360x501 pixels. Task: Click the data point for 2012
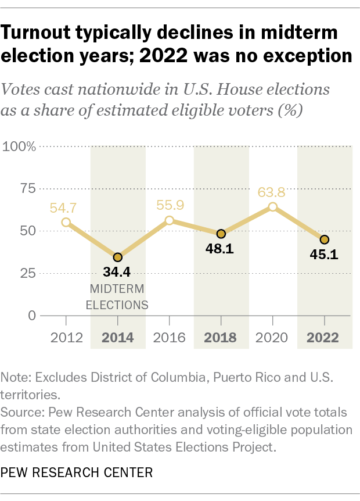(x=66, y=222)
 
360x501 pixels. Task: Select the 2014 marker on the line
(x=118, y=257)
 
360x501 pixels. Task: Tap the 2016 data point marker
(x=169, y=220)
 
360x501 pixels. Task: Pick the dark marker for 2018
(x=221, y=234)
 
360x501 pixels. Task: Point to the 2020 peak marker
(x=272, y=207)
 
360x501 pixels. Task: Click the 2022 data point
(x=324, y=239)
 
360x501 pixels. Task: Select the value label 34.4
(x=118, y=272)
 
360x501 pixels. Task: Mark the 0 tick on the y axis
(x=32, y=316)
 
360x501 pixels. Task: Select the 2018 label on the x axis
(x=221, y=337)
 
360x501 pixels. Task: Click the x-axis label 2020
(x=272, y=337)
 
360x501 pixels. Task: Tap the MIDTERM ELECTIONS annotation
(x=118, y=296)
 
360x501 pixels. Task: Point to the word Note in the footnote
(x=17, y=377)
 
